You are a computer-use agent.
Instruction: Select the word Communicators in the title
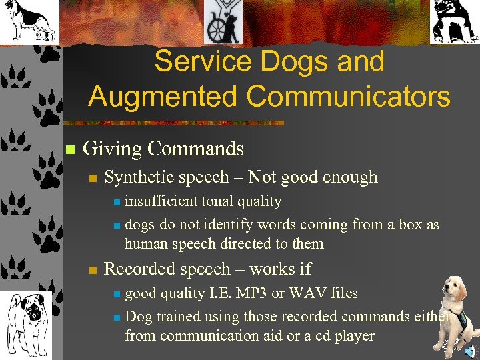point(349,96)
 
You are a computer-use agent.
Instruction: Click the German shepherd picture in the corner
point(28,22)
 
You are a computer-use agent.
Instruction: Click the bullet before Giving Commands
point(69,149)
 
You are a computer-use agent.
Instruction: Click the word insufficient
point(161,201)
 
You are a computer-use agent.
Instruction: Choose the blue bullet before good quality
point(117,294)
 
